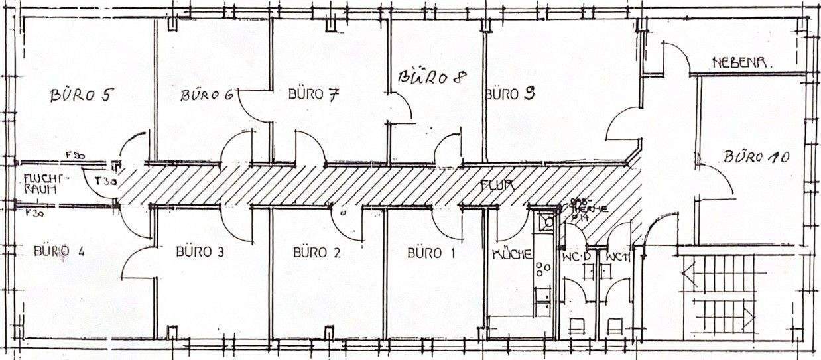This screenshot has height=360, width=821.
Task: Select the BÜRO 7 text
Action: coord(314,93)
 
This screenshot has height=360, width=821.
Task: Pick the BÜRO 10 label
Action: coord(755,158)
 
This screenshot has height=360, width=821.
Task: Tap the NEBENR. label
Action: coord(742,63)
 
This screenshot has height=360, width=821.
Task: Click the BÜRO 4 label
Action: coord(60,251)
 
